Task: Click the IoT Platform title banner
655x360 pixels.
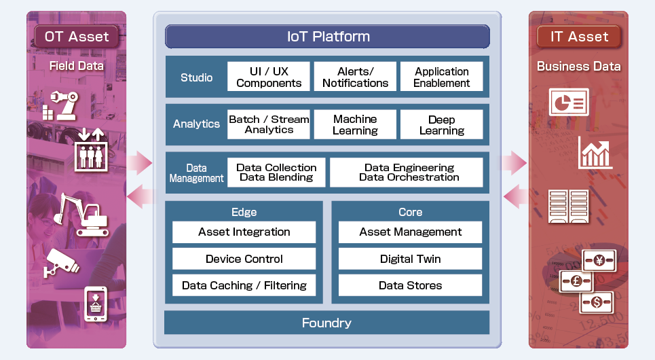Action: pyautogui.click(x=327, y=37)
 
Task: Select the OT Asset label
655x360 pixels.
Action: pyautogui.click(x=76, y=37)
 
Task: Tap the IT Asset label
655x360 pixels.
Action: pyautogui.click(x=579, y=37)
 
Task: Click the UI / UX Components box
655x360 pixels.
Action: pyautogui.click(x=269, y=77)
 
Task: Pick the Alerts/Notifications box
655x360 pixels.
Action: pyautogui.click(x=355, y=77)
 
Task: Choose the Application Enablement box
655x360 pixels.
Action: pyautogui.click(x=441, y=77)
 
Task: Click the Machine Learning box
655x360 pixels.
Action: pyautogui.click(x=355, y=124)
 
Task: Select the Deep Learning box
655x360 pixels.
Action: pyautogui.click(x=441, y=124)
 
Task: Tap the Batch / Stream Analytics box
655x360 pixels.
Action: pyautogui.click(x=269, y=124)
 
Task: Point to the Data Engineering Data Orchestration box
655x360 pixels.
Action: pyautogui.click(x=406, y=173)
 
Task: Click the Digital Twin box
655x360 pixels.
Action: pyautogui.click(x=410, y=259)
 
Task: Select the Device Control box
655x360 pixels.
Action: pyautogui.click(x=244, y=259)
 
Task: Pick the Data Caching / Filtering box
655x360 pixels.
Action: pyautogui.click(x=244, y=285)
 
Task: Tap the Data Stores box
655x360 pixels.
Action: pyautogui.click(x=410, y=285)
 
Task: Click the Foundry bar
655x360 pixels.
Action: pyautogui.click(x=326, y=323)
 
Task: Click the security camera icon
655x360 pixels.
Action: pyautogui.click(x=63, y=262)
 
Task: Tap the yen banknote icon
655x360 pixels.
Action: pyautogui.click(x=599, y=260)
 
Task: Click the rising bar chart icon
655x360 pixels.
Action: pyautogui.click(x=595, y=153)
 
